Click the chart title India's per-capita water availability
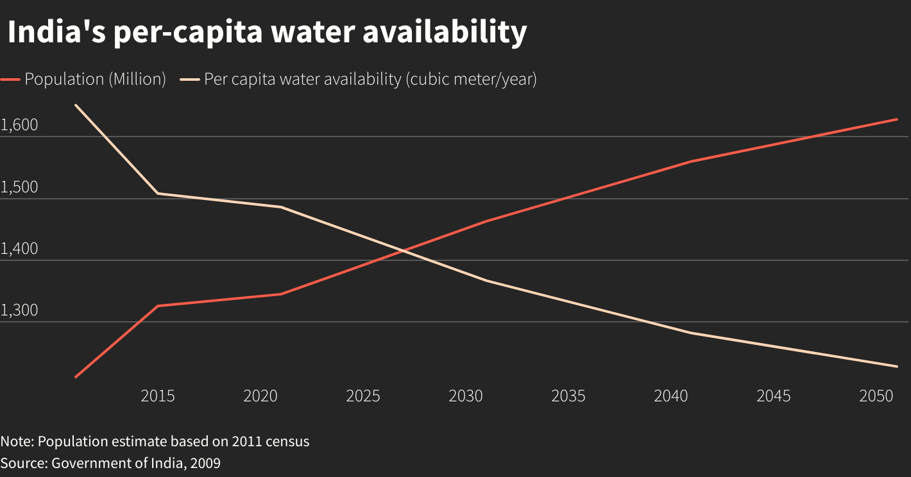267,32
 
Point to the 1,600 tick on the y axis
19,126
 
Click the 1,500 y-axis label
19,188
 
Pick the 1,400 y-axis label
19,249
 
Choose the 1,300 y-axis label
19,311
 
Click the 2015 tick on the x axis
158,396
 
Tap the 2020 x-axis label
260,396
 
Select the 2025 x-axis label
363,396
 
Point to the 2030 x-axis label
466,396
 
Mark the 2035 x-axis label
568,396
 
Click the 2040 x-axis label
671,396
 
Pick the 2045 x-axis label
774,396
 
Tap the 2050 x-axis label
876,396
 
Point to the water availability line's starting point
76,105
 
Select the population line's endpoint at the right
896,119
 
